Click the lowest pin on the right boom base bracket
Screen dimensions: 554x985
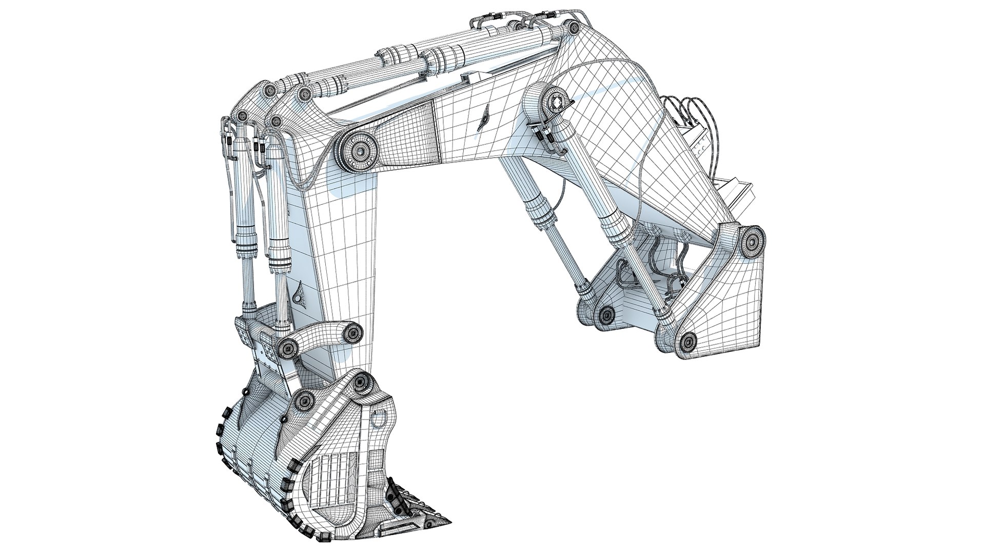(x=688, y=339)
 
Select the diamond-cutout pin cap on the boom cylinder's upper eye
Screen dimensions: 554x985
(x=556, y=103)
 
